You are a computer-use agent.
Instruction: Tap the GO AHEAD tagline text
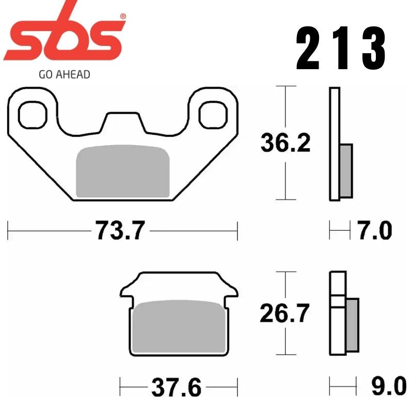click(65, 74)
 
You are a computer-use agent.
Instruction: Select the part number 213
click(341, 50)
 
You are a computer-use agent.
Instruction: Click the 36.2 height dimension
click(285, 143)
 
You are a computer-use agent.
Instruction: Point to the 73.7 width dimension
click(119, 230)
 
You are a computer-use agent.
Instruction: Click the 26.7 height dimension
click(285, 313)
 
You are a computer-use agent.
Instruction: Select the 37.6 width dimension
click(177, 387)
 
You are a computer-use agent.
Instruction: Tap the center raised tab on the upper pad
click(123, 121)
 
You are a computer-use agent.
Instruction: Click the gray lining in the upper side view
click(346, 171)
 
